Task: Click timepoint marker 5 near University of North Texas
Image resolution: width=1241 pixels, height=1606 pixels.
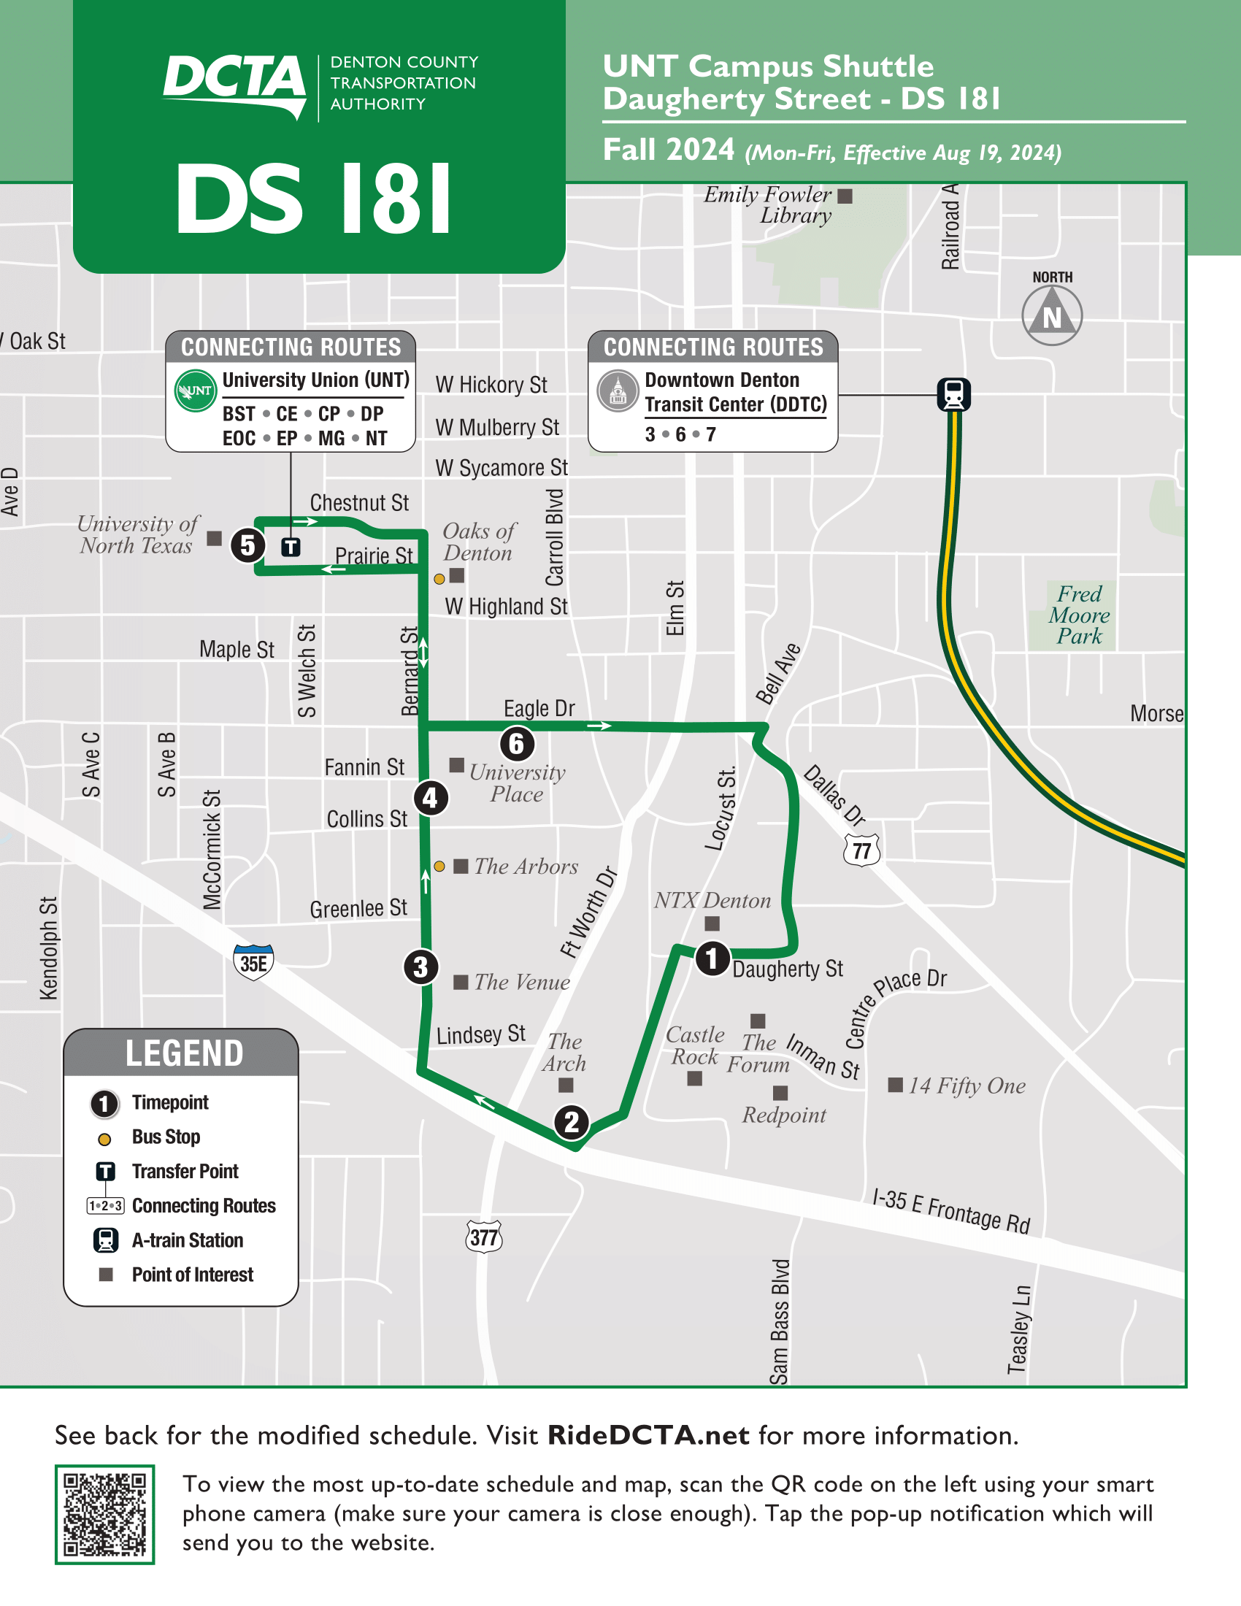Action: tap(247, 545)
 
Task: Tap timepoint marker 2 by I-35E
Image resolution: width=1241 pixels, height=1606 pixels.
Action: tap(572, 1122)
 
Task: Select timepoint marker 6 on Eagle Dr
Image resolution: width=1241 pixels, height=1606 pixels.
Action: tap(517, 743)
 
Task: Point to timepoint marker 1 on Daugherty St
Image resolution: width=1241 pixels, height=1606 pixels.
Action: tap(712, 958)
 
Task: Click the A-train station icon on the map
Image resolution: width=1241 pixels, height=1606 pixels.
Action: tap(953, 394)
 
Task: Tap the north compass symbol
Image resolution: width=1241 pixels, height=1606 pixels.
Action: tap(1052, 315)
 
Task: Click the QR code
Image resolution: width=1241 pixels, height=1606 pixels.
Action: tap(104, 1514)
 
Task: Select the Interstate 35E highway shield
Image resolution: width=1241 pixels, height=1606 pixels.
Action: tap(253, 963)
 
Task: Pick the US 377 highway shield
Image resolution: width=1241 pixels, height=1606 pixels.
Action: tap(484, 1237)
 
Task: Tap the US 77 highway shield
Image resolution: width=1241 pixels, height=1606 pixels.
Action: tap(861, 850)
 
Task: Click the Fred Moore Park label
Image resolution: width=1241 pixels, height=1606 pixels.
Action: tap(1079, 615)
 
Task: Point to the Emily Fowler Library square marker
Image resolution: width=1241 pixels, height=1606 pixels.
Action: tap(845, 196)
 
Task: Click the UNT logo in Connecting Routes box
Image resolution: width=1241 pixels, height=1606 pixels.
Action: tap(195, 391)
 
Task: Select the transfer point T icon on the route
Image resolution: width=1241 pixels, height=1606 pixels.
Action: tap(291, 547)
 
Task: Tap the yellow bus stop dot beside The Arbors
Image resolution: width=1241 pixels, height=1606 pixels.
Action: tap(439, 867)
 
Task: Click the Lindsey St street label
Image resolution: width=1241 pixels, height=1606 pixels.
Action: tap(481, 1034)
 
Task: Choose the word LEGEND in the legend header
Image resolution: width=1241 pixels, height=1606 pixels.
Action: tap(184, 1053)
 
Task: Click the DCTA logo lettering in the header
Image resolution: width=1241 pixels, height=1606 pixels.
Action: tap(234, 80)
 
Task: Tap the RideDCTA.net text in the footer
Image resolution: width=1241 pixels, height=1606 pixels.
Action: tap(648, 1434)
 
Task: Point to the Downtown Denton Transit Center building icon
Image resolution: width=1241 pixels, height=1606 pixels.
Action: tap(618, 391)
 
